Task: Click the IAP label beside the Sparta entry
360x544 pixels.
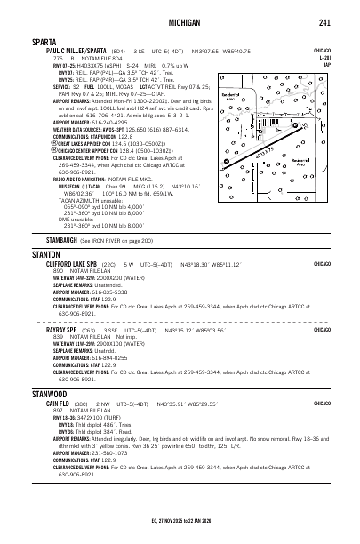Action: [352, 65]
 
